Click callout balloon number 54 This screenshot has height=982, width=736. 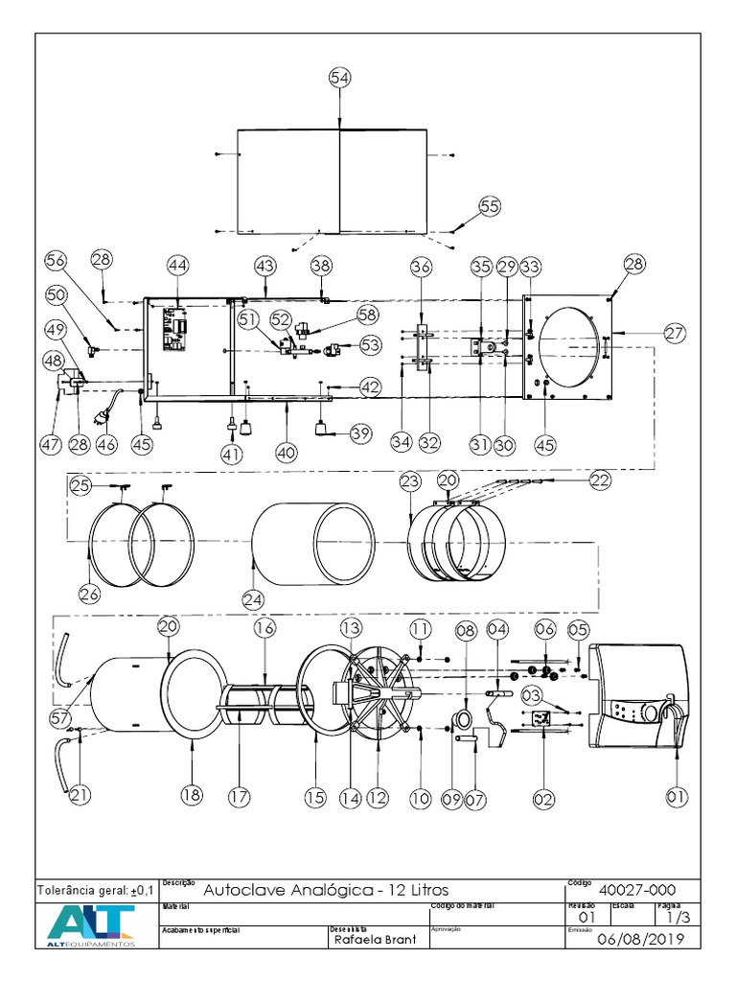[x=339, y=78]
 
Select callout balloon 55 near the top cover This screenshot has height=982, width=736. [x=490, y=206]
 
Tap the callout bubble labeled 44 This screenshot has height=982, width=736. [x=177, y=265]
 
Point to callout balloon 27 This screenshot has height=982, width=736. [x=674, y=333]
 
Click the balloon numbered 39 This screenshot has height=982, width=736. [x=359, y=434]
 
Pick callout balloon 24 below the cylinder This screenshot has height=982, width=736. [x=253, y=598]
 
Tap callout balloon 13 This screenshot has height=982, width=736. [x=350, y=627]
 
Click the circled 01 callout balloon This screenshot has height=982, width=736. [x=677, y=795]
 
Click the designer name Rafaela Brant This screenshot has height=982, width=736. [x=375, y=940]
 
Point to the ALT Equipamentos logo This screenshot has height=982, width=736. [x=92, y=926]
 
